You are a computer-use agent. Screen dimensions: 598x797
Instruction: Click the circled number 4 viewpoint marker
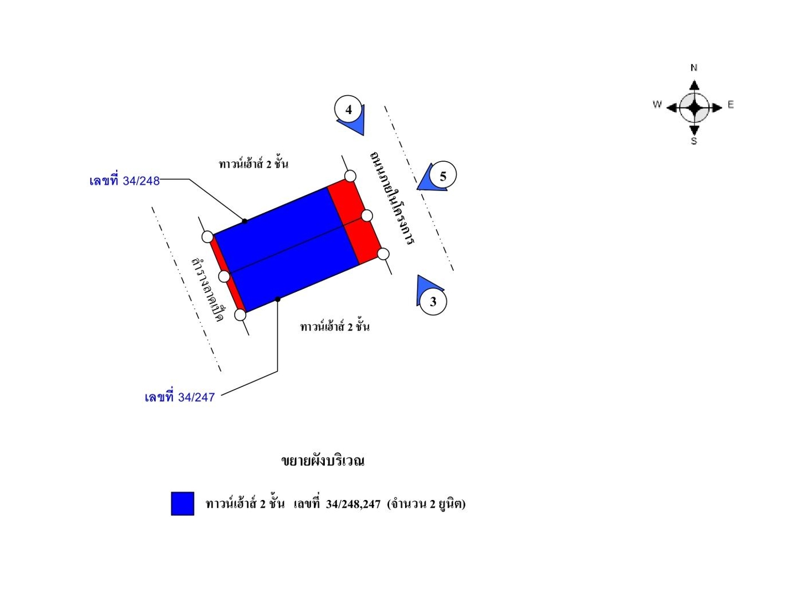point(349,110)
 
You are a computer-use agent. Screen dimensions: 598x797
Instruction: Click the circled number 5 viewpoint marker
point(442,176)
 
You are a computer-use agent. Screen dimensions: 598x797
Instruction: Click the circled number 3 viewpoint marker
point(433,301)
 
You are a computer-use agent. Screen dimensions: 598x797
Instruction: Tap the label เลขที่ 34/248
point(125,181)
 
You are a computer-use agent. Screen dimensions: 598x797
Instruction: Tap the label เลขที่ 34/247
point(179,397)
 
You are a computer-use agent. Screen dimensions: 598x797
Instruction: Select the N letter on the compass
point(694,68)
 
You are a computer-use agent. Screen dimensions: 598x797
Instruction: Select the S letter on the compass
point(694,141)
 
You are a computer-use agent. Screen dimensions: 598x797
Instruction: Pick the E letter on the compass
point(731,105)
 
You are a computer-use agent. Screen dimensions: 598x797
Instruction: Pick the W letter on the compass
point(657,104)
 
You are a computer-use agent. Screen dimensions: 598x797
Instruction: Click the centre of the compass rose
point(694,107)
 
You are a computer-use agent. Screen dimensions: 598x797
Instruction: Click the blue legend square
point(183,503)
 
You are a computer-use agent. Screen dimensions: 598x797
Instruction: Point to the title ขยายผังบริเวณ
point(323,461)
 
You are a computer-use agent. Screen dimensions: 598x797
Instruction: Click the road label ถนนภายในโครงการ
point(392,198)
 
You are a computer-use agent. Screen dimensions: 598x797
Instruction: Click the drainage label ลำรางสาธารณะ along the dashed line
point(207,290)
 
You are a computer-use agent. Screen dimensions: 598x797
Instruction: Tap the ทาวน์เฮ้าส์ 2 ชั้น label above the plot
point(253,164)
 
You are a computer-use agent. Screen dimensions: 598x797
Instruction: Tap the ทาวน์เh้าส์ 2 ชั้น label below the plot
point(334,327)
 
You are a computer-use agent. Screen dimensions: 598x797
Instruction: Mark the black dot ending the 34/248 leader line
point(245,221)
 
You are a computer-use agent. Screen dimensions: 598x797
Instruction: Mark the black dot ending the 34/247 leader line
point(278,300)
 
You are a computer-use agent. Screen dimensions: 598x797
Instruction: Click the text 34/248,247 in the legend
point(353,504)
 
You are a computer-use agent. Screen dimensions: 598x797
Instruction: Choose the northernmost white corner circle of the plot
point(350,176)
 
